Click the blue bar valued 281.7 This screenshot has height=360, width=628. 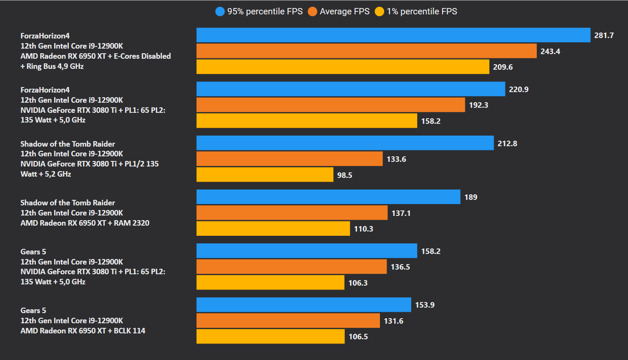click(x=393, y=35)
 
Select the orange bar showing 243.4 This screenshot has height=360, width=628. click(x=366, y=51)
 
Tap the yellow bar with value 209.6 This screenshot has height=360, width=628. click(x=343, y=67)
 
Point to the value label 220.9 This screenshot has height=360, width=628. click(x=519, y=90)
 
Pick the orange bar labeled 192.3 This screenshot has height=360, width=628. click(x=330, y=105)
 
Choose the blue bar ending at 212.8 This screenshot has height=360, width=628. click(x=345, y=143)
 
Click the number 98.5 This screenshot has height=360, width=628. click(x=344, y=175)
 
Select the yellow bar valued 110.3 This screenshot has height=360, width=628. click(x=273, y=229)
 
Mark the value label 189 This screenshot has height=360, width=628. click(x=471, y=197)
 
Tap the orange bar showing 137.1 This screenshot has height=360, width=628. click(x=292, y=213)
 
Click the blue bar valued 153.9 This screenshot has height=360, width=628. click(x=303, y=305)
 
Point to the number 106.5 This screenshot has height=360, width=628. click(x=358, y=337)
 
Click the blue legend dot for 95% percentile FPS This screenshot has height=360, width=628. click(x=220, y=11)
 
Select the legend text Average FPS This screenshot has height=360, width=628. click(x=344, y=11)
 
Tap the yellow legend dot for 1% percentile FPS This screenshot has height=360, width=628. click(x=380, y=11)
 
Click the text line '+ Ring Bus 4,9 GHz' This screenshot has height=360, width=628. click(x=52, y=66)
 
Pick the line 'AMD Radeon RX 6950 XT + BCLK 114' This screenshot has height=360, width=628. click(x=83, y=331)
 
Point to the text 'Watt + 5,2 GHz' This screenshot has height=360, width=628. click(x=46, y=174)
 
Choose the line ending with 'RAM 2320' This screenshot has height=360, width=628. click(x=85, y=223)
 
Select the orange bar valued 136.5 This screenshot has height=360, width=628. click(x=291, y=267)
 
